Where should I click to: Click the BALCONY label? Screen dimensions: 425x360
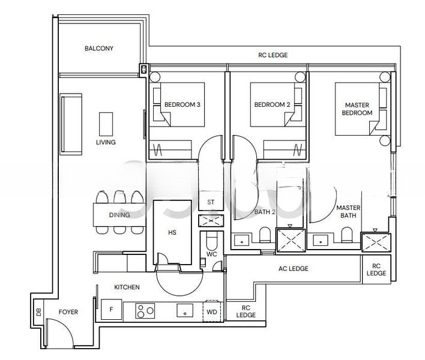99,49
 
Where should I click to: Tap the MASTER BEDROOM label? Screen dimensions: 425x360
357,109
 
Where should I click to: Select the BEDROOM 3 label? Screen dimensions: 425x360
182,104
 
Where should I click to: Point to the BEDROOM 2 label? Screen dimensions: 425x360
272,104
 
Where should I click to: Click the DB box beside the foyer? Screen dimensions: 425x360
39,312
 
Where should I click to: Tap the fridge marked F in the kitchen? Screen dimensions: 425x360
112,310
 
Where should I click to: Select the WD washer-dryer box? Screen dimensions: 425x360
212,312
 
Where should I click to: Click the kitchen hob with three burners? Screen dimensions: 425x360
145,311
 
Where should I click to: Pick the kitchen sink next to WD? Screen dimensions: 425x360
185,310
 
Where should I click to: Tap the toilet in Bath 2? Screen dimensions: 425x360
265,235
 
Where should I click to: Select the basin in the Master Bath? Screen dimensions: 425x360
321,240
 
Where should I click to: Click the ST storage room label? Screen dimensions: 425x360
211,202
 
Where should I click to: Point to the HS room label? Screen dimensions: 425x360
172,232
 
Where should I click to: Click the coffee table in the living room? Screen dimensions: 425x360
106,124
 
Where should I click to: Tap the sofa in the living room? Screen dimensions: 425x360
71,124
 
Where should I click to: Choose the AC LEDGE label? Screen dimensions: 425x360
294,268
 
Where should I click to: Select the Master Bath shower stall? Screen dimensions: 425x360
376,242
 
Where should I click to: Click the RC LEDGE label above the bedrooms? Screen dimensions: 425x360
273,55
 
